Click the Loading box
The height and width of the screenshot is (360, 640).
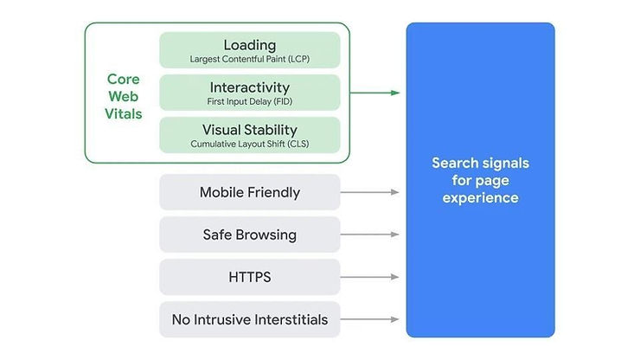(249, 50)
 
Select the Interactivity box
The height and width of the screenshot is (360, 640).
(249, 93)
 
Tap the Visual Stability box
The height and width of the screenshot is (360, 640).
(249, 135)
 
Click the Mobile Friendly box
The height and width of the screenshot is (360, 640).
(249, 192)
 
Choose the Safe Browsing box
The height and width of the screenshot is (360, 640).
(249, 235)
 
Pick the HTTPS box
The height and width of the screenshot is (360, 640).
(249, 277)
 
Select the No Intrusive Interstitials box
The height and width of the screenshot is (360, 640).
(249, 319)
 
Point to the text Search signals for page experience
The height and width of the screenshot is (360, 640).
(480, 180)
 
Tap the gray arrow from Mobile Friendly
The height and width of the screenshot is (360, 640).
(372, 192)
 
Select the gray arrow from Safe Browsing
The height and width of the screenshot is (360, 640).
(372, 235)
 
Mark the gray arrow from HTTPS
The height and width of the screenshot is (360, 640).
(372, 277)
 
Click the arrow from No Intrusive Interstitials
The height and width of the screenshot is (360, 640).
(372, 319)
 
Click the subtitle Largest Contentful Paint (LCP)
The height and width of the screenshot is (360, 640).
(249, 60)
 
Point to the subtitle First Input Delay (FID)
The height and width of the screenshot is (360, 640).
(249, 102)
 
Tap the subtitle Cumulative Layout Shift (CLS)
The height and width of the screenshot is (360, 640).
(249, 145)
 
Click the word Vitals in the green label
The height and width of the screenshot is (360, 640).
(124, 114)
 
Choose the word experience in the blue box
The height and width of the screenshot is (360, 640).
(480, 197)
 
